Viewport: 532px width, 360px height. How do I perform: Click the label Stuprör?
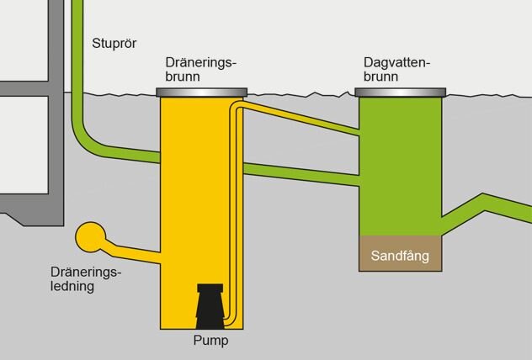pyautogui.click(x=114, y=44)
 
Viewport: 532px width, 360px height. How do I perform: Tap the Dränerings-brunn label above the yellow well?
pyautogui.click(x=201, y=69)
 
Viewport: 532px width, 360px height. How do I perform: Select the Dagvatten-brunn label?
pyautogui.click(x=397, y=69)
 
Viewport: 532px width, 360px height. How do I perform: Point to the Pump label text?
pyautogui.click(x=209, y=341)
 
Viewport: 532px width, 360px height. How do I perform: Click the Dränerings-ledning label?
pyautogui.click(x=86, y=279)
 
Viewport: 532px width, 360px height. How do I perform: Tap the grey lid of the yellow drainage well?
pyautogui.click(x=201, y=91)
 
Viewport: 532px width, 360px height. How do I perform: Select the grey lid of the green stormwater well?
pyautogui.click(x=400, y=92)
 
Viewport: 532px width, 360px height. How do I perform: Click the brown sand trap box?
pyautogui.click(x=401, y=257)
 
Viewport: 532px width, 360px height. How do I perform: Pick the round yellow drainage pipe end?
pyautogui.click(x=88, y=237)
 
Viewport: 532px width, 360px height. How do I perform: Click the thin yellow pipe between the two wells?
pyautogui.click(x=303, y=120)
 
